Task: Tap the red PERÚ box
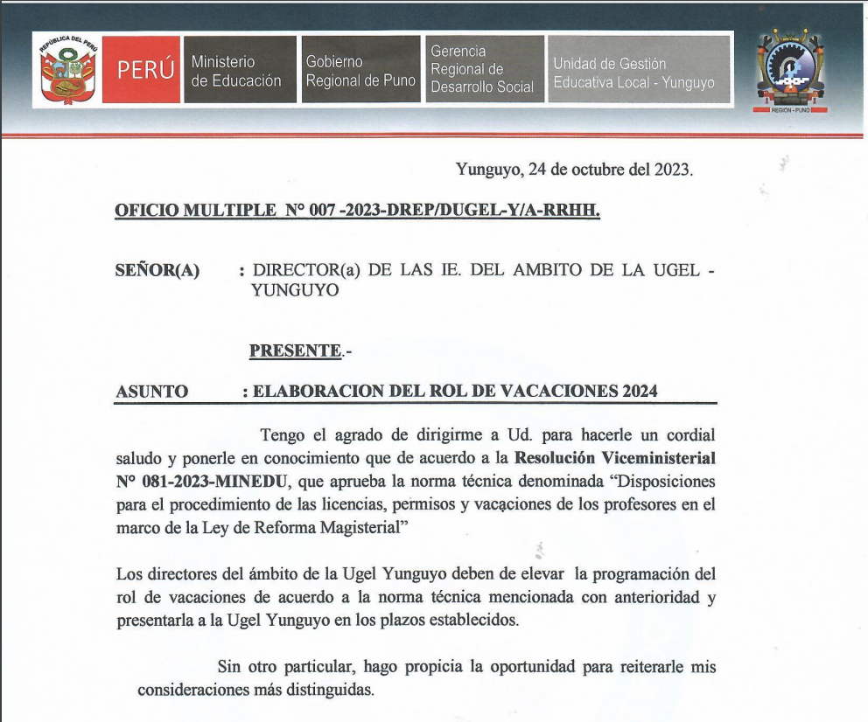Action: click(x=146, y=71)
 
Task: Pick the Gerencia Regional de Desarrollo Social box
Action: click(x=482, y=70)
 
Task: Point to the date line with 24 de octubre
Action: click(x=574, y=170)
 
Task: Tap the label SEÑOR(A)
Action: click(x=157, y=271)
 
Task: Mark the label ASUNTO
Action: click(x=151, y=392)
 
